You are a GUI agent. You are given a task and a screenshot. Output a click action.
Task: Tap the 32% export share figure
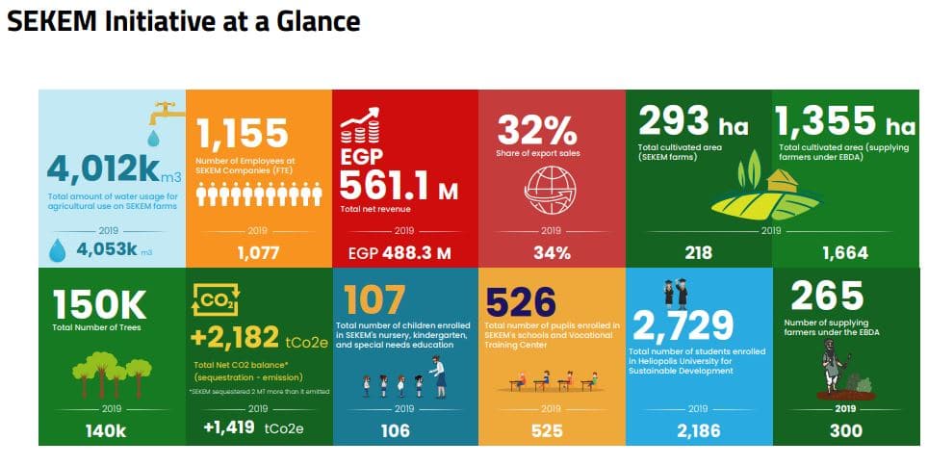click(x=536, y=129)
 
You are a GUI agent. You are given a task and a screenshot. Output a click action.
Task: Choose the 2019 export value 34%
click(x=552, y=253)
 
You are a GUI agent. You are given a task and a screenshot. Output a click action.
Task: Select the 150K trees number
click(x=100, y=305)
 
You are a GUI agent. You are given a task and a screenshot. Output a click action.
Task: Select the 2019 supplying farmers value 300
click(x=846, y=430)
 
